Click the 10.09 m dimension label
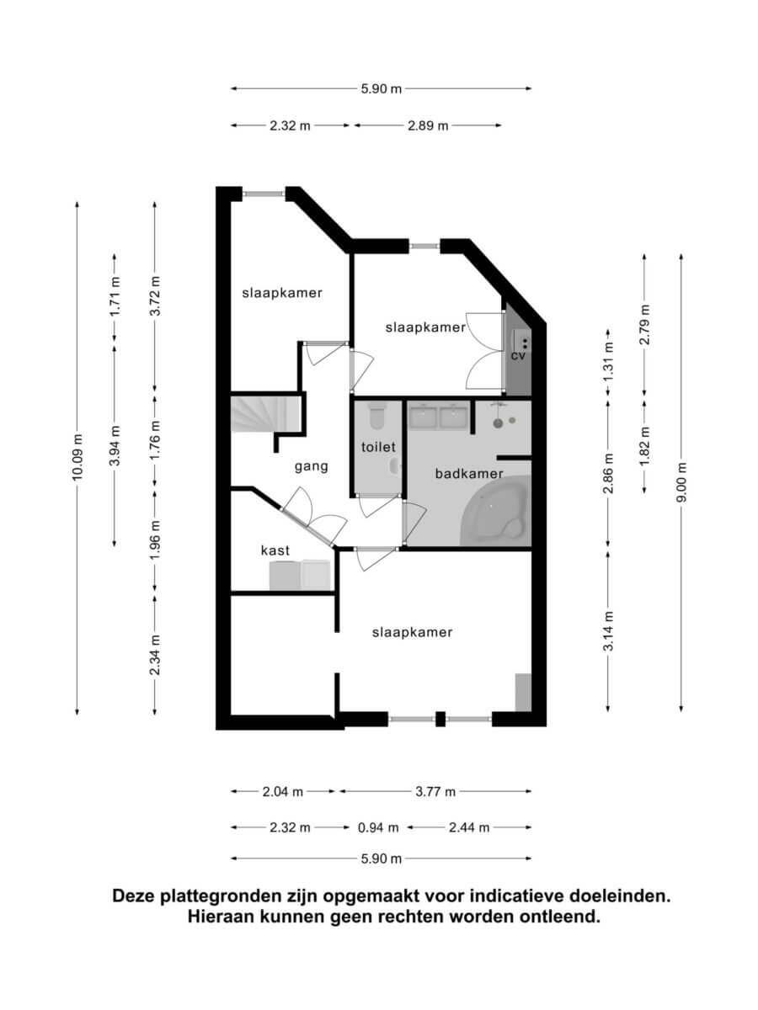click(x=77, y=457)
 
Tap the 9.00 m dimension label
click(x=681, y=481)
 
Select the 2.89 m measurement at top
click(x=428, y=125)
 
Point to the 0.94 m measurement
click(x=378, y=828)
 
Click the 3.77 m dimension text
click(x=435, y=791)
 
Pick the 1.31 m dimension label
click(x=608, y=362)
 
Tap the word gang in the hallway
click(x=312, y=467)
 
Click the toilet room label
click(x=378, y=446)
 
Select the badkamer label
click(x=469, y=474)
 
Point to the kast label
click(x=275, y=550)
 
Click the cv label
click(x=518, y=356)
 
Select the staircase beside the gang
click(x=265, y=414)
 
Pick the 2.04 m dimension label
click(x=283, y=791)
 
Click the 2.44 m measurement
click(x=469, y=828)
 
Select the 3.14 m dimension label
click(x=608, y=631)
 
